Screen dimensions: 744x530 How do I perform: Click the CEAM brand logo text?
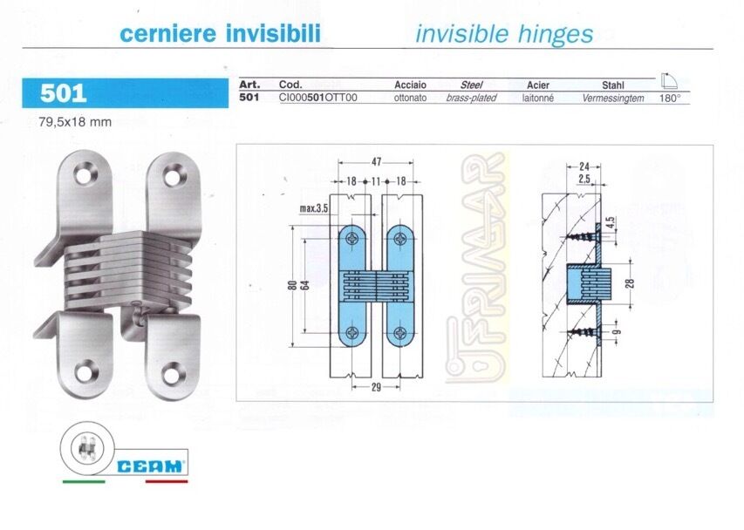[150, 466]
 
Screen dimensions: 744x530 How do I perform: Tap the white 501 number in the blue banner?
[63, 93]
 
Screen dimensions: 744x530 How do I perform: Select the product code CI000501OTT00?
[317, 98]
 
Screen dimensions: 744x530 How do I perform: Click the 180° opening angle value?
[670, 99]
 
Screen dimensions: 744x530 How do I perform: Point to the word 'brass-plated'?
[471, 98]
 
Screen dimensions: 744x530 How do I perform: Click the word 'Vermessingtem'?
[613, 99]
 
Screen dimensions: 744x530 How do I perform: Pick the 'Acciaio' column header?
[411, 85]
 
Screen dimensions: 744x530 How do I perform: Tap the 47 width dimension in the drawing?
[376, 162]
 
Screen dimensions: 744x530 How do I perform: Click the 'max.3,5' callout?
[314, 208]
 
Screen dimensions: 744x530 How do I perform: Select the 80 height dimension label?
[292, 285]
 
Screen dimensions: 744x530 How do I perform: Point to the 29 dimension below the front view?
[376, 387]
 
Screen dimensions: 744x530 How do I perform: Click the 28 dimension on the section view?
[630, 283]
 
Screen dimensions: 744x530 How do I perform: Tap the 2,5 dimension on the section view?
[584, 179]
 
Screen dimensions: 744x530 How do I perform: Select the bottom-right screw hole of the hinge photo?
[173, 373]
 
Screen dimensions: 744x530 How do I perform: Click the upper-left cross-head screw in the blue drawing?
[352, 239]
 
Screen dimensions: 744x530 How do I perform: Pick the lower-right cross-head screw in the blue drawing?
[400, 333]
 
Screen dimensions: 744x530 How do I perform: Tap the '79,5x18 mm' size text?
[75, 122]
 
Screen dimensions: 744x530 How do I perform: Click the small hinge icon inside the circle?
[87, 448]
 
